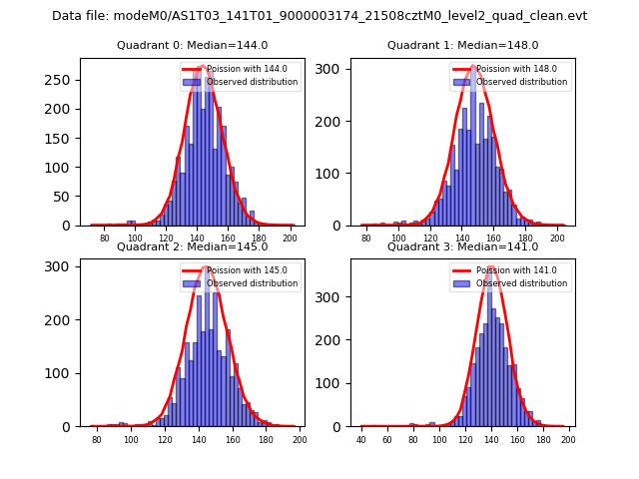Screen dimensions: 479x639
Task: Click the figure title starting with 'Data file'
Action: coord(319,16)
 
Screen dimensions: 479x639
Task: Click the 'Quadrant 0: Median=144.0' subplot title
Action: coord(192,45)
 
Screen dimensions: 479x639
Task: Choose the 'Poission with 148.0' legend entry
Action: coord(515,69)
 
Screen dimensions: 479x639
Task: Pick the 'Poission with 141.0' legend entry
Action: coord(515,270)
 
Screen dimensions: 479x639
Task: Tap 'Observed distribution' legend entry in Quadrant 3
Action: coord(522,283)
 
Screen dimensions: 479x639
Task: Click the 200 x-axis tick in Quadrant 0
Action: coord(290,239)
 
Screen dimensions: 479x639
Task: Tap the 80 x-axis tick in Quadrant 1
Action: coord(366,239)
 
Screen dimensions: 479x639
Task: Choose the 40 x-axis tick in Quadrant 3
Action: coord(361,439)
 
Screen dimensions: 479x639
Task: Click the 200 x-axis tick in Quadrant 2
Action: coord(299,439)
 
